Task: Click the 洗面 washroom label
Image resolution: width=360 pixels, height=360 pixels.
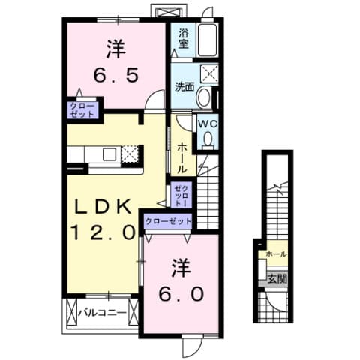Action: pos(184,86)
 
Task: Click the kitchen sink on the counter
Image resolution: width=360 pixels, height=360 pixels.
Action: pos(109,154)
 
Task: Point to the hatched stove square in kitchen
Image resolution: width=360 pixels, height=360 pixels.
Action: pos(130,153)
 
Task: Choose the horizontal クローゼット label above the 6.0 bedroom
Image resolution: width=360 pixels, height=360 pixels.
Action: pos(167,220)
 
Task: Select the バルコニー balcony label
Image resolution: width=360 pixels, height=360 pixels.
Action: pos(98,311)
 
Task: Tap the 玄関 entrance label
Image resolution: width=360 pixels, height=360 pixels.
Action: pos(276,278)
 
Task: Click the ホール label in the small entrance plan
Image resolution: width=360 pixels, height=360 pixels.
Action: pos(275,255)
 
